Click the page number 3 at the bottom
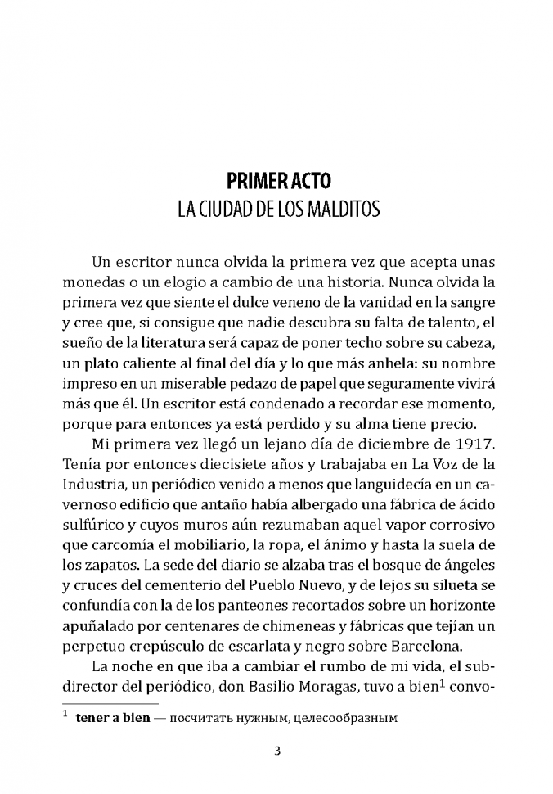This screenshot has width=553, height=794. click(277, 754)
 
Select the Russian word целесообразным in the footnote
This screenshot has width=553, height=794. click(353, 720)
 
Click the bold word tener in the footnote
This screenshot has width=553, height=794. click(92, 720)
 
